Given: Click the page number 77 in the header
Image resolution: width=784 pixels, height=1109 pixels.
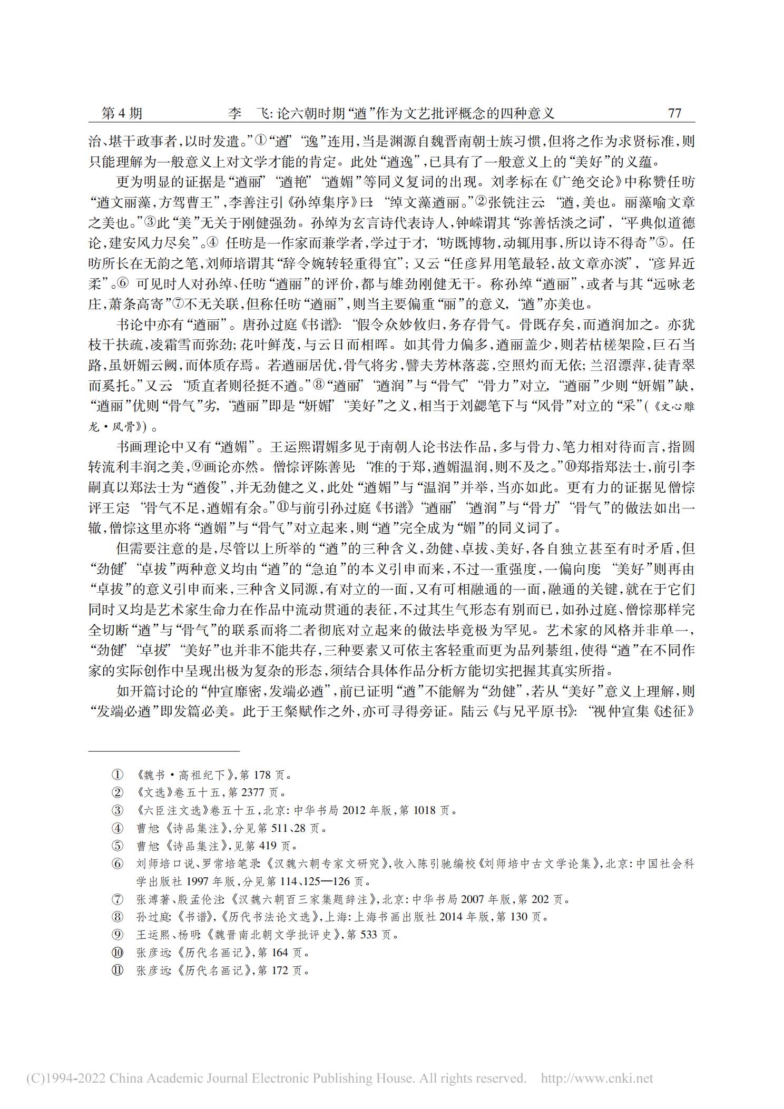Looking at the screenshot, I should point(674,113).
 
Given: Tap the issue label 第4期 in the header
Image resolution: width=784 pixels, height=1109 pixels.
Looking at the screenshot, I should point(122,113).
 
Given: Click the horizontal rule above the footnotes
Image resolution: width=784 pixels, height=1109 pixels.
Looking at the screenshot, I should point(164,751).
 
